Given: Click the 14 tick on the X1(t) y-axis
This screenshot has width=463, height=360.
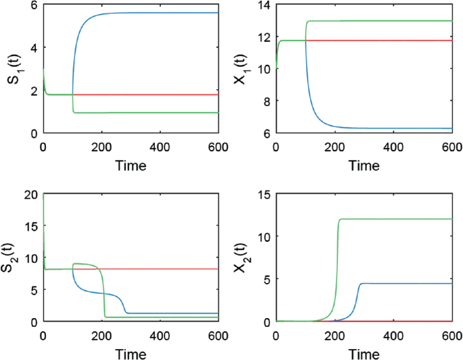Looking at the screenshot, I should point(264,5).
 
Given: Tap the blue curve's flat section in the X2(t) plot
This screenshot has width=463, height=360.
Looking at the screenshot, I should point(406,284).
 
